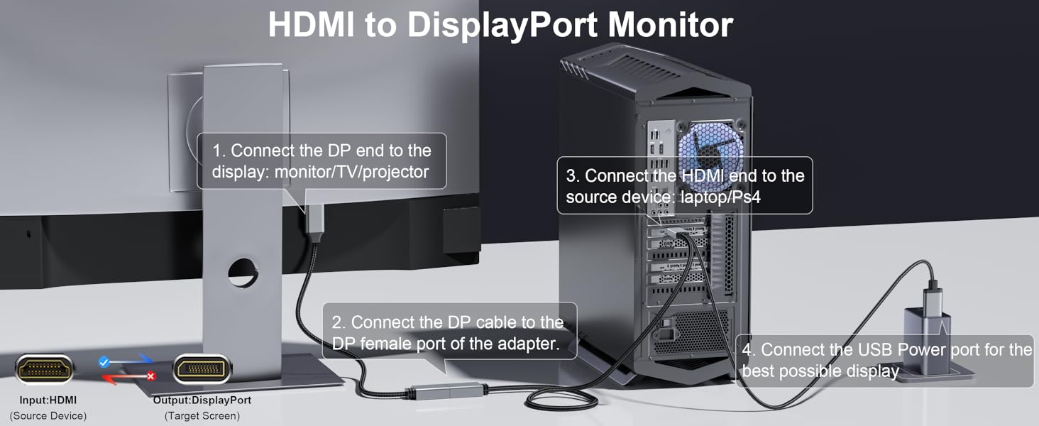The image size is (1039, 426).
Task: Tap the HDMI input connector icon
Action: click(44, 369)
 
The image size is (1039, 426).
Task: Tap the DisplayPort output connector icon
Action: click(202, 369)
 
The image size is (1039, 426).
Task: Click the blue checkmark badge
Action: click(104, 361)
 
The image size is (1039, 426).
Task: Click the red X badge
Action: click(150, 376)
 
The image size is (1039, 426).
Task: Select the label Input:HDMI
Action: click(48, 400)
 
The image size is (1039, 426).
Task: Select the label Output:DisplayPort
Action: click(202, 400)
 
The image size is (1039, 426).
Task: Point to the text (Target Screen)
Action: click(202, 416)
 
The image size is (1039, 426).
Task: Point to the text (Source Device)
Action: click(48, 416)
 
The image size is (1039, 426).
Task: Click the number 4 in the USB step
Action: click(747, 350)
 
